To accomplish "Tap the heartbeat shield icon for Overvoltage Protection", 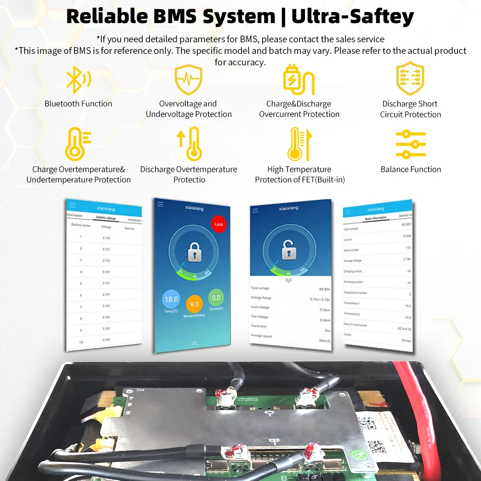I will tap(188, 80).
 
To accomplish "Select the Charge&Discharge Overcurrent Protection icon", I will tap(298, 79).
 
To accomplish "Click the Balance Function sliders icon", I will tap(410, 144).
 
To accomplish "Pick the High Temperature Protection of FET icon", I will tap(299, 144).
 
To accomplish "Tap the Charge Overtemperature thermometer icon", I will tap(77, 144).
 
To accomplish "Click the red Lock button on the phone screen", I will tap(218, 224).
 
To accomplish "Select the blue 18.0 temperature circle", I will tap(171, 299).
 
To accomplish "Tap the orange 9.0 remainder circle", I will tap(195, 304).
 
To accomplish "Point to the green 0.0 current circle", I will tap(216, 298).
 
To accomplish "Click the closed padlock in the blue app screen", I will tap(194, 251).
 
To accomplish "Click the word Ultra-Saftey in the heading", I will tap(353, 16).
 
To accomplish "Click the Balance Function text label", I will tap(410, 169).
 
